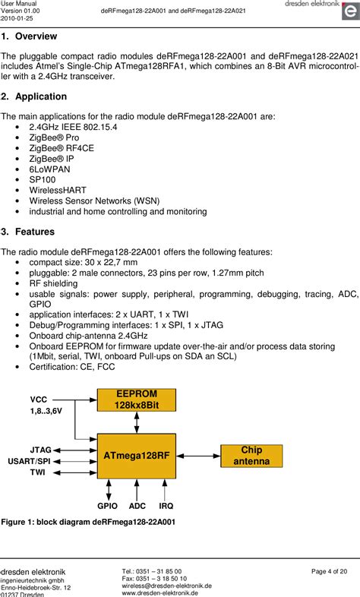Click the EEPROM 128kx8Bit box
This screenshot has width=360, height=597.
coord(136,400)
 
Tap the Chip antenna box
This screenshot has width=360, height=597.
coord(251,456)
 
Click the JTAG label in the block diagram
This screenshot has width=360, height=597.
coord(40,450)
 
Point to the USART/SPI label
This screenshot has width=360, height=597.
coord(30,461)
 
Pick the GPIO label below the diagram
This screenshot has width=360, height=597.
coord(108,505)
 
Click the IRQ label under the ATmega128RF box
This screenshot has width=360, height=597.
coord(166,505)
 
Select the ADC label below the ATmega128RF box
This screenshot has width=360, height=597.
coord(137,505)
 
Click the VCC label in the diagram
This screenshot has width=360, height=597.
coord(38,399)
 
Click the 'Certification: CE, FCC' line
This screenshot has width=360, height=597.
coord(73,366)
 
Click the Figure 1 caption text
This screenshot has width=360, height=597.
coord(88,523)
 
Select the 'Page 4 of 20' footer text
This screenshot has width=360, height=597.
coord(329,571)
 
